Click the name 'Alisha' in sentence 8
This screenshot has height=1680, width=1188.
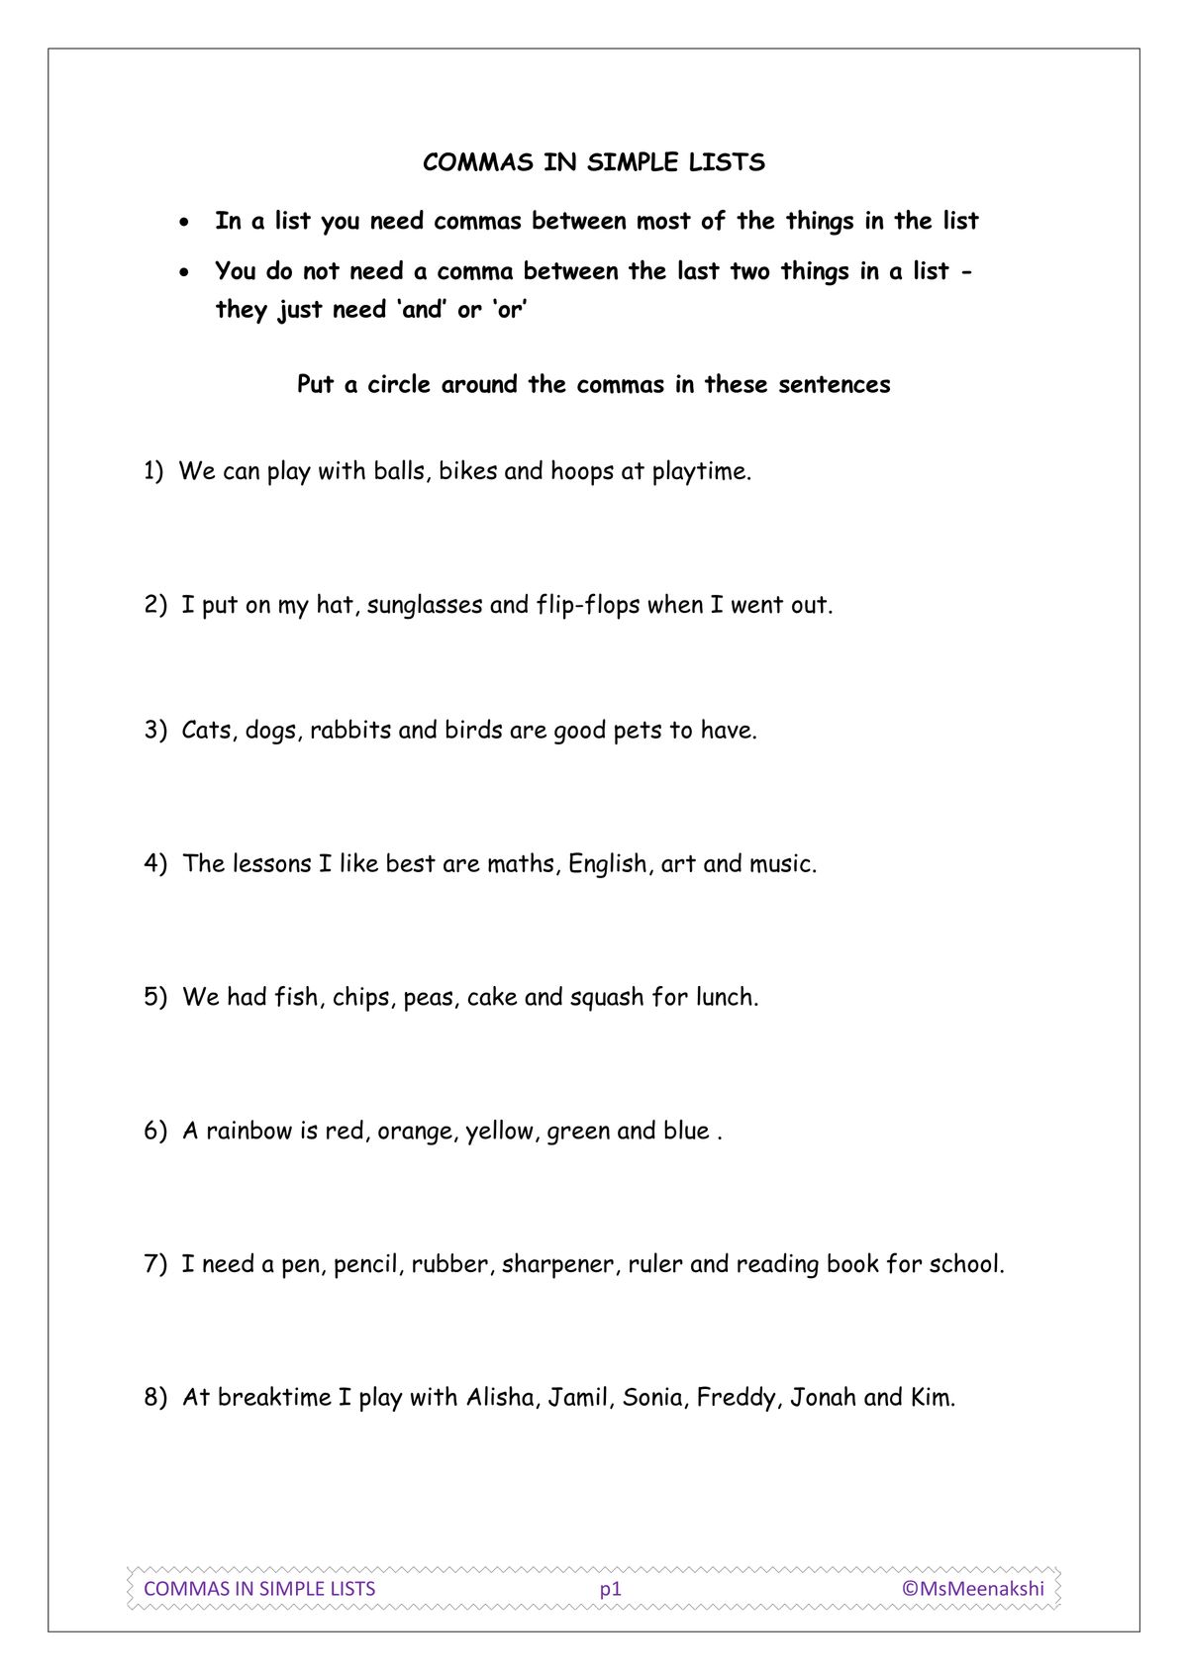pos(502,1398)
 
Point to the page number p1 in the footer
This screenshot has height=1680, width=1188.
pos(610,1589)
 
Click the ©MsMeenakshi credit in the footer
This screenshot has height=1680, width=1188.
pos(972,1589)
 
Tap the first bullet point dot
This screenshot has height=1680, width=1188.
pos(183,223)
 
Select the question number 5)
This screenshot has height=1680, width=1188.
pos(156,997)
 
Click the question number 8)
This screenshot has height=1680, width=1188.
pos(156,1398)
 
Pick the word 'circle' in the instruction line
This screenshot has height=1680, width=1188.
pos(400,385)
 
